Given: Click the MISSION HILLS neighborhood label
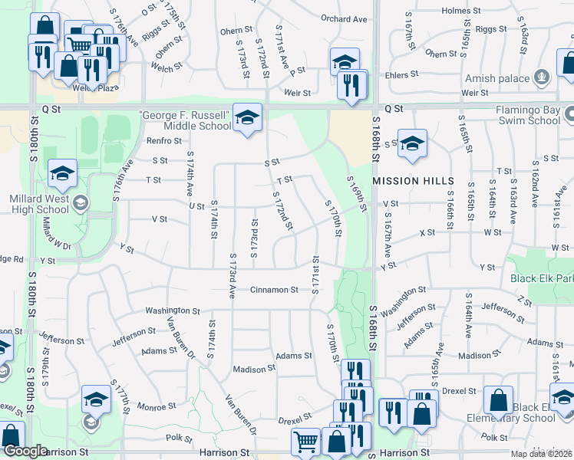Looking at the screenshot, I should (414, 181).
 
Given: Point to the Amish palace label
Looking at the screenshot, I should (496, 77).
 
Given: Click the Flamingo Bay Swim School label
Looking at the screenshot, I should (518, 115).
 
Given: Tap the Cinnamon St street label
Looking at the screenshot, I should (274, 290).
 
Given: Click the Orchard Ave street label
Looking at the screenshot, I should (342, 19).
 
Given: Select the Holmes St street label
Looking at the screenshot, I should (460, 11).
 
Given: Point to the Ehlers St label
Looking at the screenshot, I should (404, 75).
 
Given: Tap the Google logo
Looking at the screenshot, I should (25, 452).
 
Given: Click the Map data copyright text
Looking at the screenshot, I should (542, 454).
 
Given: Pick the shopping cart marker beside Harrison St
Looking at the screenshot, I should (305, 442).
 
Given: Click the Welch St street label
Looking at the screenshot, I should (167, 67).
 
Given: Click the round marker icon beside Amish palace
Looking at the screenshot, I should (542, 77).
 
